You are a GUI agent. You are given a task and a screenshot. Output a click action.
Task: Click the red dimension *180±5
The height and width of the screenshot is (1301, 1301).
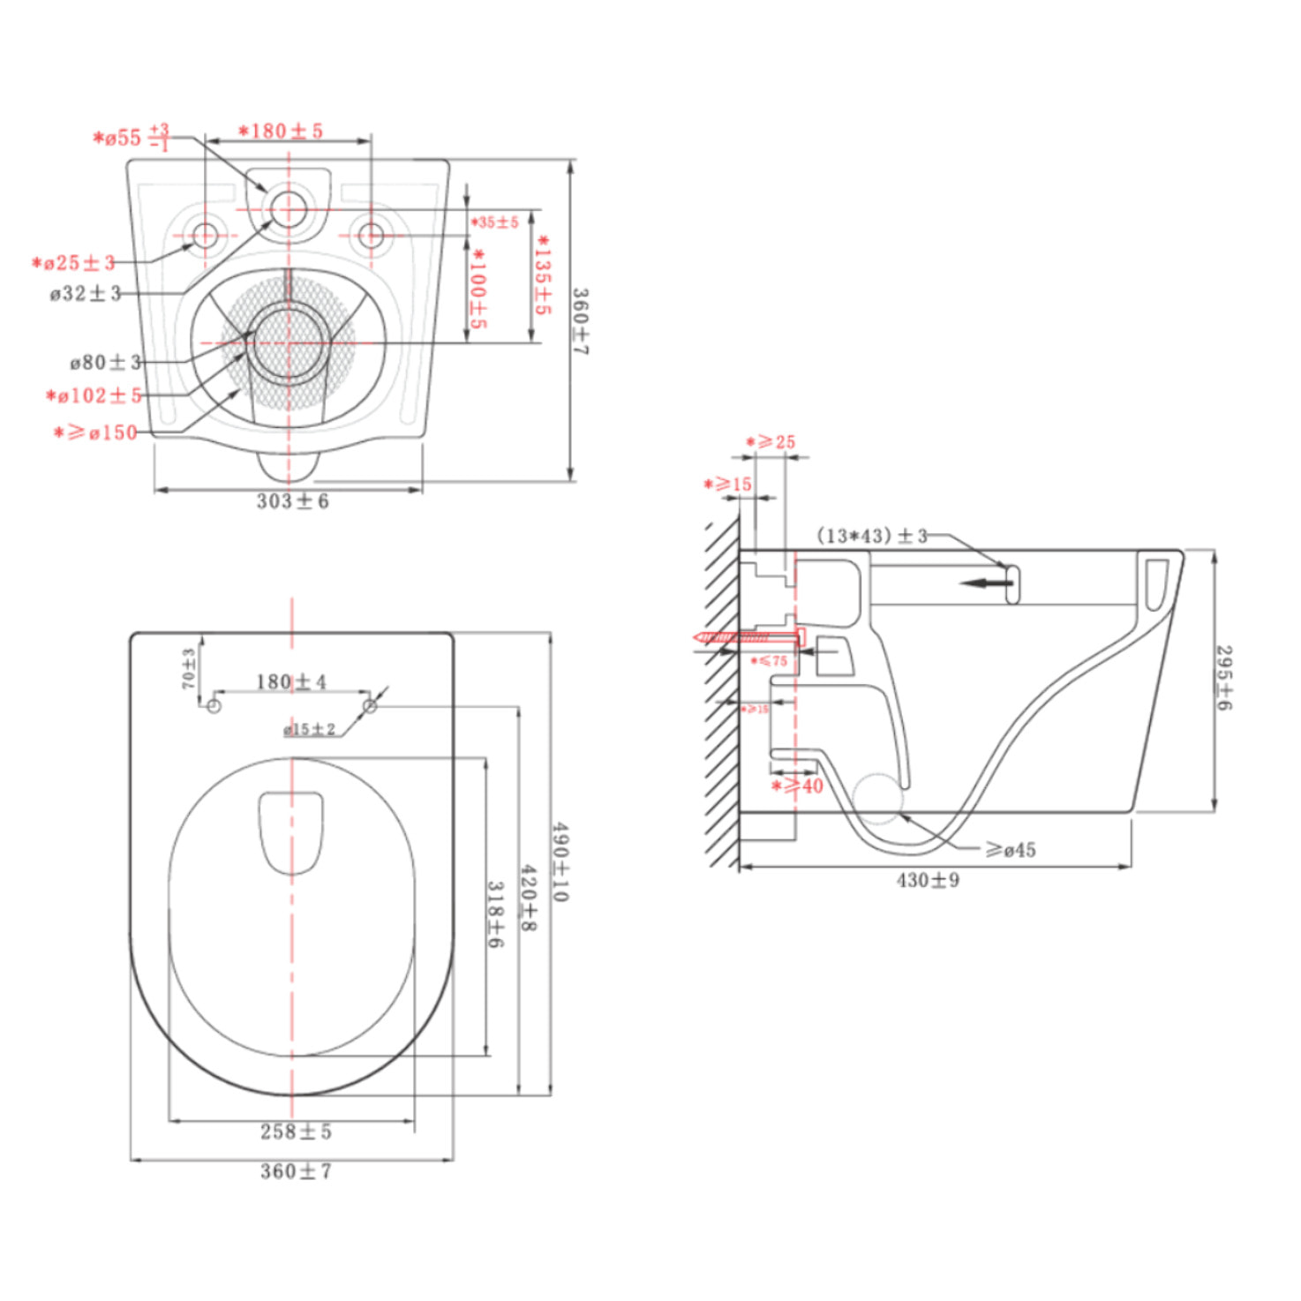[282, 132]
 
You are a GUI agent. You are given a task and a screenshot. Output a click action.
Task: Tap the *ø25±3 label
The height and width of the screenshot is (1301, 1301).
[74, 263]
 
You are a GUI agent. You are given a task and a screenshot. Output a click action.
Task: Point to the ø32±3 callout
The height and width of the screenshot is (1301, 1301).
[86, 293]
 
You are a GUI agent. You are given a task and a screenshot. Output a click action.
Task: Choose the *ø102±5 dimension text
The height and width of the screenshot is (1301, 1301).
[94, 395]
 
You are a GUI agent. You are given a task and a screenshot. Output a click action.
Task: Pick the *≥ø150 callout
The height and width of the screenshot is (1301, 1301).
[95, 432]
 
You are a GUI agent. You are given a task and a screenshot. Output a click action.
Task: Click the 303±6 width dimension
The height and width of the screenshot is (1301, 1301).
[293, 501]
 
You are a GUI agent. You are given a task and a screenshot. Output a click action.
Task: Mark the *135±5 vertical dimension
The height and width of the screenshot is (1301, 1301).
[543, 274]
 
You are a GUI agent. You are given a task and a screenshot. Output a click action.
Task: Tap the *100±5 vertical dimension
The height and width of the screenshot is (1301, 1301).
[478, 288]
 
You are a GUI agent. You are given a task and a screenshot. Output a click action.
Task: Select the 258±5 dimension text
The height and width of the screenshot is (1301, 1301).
[296, 1132]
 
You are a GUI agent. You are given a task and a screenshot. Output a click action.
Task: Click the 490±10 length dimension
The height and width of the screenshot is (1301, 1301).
[560, 861]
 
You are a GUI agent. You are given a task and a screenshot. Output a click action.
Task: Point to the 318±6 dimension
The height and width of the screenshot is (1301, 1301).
[496, 914]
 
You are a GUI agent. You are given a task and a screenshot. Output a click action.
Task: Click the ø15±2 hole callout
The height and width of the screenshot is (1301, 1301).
[310, 729]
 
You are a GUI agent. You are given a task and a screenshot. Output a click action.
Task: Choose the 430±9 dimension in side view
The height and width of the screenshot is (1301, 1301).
[928, 880]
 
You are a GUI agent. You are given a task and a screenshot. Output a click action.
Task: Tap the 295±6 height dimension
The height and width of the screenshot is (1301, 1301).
[1224, 678]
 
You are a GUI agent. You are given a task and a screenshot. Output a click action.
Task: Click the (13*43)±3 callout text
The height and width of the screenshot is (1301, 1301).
[872, 536]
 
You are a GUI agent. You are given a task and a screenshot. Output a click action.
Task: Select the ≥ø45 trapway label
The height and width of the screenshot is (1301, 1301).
[1011, 850]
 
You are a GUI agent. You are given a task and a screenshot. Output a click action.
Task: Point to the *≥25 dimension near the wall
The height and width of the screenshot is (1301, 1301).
[771, 442]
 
